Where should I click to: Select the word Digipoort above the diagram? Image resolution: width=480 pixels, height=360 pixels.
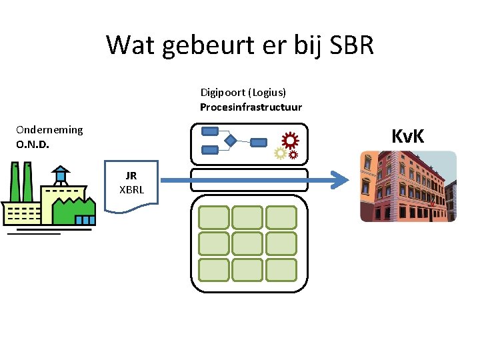coord(224,93)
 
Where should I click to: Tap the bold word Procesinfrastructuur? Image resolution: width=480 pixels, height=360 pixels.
coord(251,107)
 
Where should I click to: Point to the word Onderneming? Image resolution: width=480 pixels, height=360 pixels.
coord(49,129)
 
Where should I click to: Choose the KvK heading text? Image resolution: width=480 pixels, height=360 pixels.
coord(408,137)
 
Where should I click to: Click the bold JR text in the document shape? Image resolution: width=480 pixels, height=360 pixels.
coord(131,176)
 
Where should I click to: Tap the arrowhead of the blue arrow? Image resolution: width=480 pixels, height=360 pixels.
coord(341,179)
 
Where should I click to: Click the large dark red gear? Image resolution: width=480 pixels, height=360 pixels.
coord(290,140)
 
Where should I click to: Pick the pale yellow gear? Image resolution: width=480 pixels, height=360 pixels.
coord(281,153)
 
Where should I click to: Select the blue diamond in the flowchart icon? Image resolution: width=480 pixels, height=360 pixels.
coord(230,141)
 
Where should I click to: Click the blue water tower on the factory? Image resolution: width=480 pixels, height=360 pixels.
coord(61,175)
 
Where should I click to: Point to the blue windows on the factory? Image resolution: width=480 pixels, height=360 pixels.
coord(85,219)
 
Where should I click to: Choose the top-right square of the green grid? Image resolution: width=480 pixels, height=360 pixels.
coord(281,217)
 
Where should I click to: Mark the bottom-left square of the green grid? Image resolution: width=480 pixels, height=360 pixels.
coord(213,269)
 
